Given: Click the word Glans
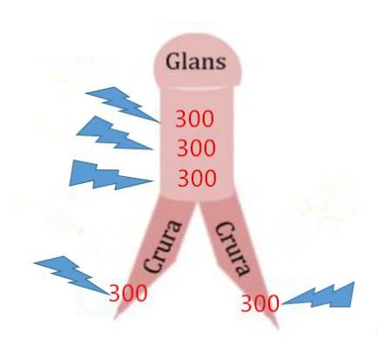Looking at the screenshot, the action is pyautogui.click(x=195, y=62).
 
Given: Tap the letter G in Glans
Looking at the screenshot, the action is pyautogui.click(x=173, y=61).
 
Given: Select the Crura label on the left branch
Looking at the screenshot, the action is pyautogui.click(x=163, y=247).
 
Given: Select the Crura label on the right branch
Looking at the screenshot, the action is pyautogui.click(x=233, y=249).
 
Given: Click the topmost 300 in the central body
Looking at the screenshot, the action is pyautogui.click(x=194, y=119).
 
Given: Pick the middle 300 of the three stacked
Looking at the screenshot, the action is pyautogui.click(x=196, y=148).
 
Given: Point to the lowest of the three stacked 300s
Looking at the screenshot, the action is pyautogui.click(x=197, y=178).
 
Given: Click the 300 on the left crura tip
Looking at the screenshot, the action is pyautogui.click(x=128, y=293).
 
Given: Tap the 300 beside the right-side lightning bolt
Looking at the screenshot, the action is pyautogui.click(x=260, y=303).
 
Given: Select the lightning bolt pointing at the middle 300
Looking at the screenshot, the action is pyautogui.click(x=115, y=133).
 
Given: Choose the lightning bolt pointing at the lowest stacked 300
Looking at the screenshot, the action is pyautogui.click(x=111, y=175).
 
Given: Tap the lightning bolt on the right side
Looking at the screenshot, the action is pyautogui.click(x=319, y=295).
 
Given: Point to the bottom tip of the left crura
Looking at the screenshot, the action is pyautogui.click(x=114, y=319).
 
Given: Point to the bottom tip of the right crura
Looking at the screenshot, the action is pyautogui.click(x=278, y=329).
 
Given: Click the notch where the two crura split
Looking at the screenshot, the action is pyautogui.click(x=199, y=201).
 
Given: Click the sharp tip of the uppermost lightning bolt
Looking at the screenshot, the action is pyautogui.click(x=160, y=122).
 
